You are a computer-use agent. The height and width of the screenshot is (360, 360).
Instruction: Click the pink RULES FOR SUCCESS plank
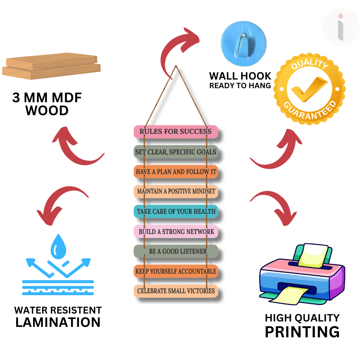tap(176, 132)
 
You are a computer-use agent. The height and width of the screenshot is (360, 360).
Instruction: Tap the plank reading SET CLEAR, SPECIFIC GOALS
tap(176, 152)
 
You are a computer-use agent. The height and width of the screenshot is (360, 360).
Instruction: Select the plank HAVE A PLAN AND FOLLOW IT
tap(176, 172)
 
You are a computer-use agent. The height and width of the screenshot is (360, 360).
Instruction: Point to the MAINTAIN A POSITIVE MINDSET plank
tap(176, 192)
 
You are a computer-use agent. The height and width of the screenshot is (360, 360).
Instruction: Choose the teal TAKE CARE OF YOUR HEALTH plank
tap(176, 211)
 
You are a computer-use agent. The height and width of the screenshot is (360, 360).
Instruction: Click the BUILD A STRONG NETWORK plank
tap(176, 231)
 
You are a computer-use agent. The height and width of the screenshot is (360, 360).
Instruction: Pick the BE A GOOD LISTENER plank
tap(176, 251)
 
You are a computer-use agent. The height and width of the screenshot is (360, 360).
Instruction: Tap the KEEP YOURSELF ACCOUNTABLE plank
tap(176, 271)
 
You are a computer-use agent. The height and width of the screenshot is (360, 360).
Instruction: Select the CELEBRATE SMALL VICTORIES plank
tap(176, 291)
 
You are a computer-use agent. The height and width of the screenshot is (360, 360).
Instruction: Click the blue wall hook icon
tap(244, 42)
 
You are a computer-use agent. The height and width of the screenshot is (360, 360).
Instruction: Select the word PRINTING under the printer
tap(302, 332)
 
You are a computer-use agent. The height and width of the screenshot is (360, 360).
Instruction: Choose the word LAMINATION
tap(58, 322)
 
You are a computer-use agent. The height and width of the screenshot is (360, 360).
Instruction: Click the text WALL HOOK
tap(240, 76)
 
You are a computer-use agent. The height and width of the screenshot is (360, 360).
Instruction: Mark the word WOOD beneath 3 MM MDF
tap(47, 111)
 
